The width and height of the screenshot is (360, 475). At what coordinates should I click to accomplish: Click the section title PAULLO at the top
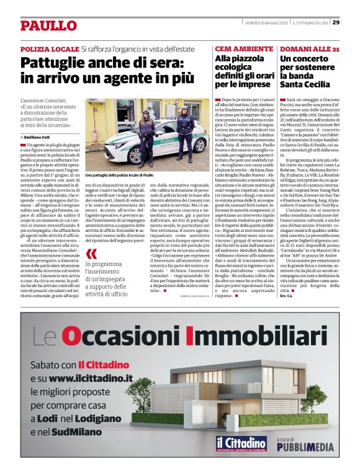48,25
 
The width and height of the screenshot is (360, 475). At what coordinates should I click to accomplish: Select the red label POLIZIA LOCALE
49,48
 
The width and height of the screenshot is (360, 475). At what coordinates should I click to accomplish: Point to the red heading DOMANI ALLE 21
310,48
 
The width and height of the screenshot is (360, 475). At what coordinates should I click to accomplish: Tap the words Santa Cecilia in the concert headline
305,84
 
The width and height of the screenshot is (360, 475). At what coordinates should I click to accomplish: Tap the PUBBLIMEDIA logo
305,446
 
